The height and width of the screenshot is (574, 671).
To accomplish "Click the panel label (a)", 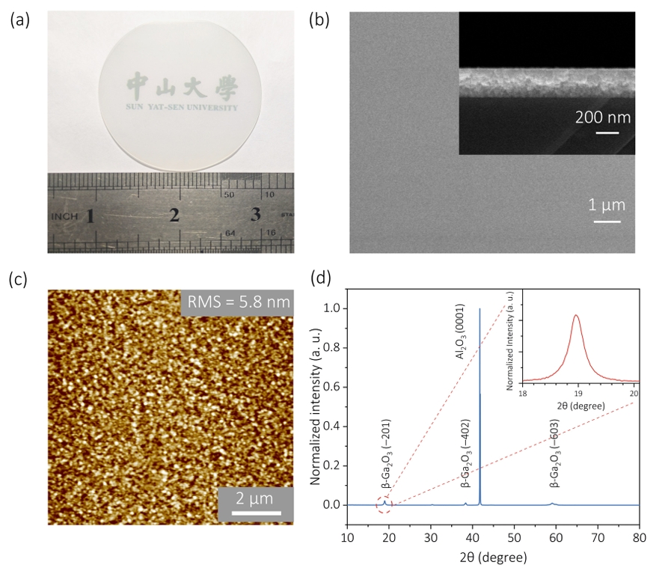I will pos(19,20).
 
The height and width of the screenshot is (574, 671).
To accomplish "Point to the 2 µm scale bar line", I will pos(256,513).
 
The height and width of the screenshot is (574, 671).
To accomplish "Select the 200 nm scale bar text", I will pos(603,117).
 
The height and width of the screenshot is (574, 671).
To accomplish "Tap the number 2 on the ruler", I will pos(174,216).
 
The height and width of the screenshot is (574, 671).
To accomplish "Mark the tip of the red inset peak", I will pos(576,315).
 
